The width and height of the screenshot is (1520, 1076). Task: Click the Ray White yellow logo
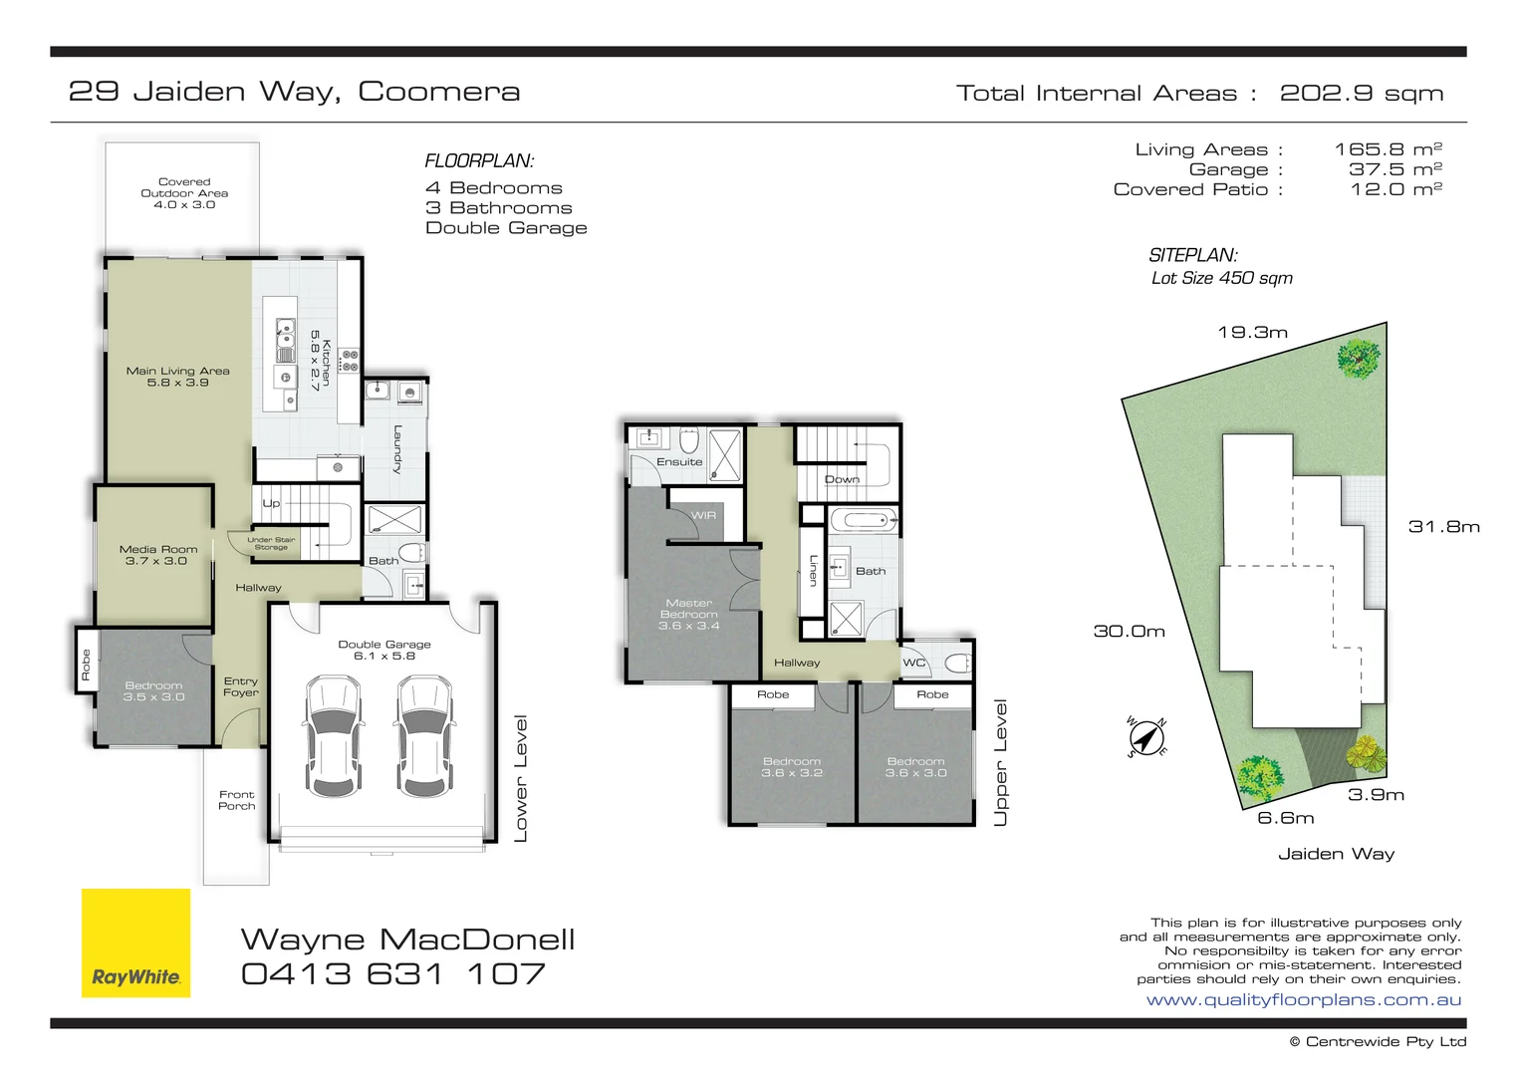point(135,942)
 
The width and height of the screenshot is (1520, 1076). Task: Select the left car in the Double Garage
point(333,736)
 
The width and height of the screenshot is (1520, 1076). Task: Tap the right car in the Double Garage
point(425,736)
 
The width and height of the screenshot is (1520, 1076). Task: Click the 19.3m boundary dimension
point(1252,333)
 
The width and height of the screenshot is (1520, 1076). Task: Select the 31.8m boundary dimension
point(1443,527)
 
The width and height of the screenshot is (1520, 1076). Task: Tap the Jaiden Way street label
point(1336,854)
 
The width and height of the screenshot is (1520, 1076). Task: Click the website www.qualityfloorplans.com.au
point(1303,1000)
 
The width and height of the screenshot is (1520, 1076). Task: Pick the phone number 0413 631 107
point(393,974)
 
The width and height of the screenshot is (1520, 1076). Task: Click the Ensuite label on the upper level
point(679,462)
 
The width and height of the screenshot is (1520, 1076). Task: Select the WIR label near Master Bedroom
point(704,515)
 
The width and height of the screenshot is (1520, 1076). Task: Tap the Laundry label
point(397,449)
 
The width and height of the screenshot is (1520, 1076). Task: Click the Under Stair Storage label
point(271,543)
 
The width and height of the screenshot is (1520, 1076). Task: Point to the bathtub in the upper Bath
point(864,520)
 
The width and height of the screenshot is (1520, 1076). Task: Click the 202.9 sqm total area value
point(1361,94)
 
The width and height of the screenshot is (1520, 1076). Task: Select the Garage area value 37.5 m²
point(1394,169)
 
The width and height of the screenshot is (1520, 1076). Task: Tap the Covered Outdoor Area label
point(184,193)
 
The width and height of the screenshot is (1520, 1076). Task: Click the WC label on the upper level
point(913,663)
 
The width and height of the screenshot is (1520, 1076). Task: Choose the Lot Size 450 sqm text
point(1221,278)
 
